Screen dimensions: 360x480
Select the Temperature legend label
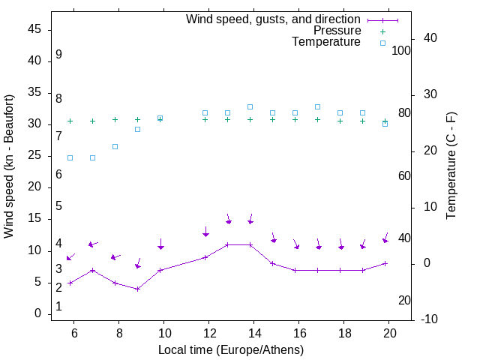(x=326, y=42)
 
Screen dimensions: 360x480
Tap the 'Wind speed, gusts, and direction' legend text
(x=273, y=19)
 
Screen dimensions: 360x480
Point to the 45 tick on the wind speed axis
(x=34, y=29)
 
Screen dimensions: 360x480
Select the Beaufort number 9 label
(x=58, y=55)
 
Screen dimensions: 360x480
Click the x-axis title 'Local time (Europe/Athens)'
(x=231, y=349)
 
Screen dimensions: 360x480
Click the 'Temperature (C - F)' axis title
(x=451, y=166)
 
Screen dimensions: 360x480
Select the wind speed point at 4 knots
(x=138, y=289)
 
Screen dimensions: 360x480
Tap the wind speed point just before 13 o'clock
(x=228, y=244)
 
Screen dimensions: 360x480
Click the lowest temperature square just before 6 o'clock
(x=70, y=157)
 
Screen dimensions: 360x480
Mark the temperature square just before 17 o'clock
(x=318, y=107)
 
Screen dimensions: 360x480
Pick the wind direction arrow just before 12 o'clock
(x=205, y=233)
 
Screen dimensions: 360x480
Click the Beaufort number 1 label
(x=58, y=307)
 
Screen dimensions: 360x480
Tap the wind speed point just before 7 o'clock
(x=93, y=270)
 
